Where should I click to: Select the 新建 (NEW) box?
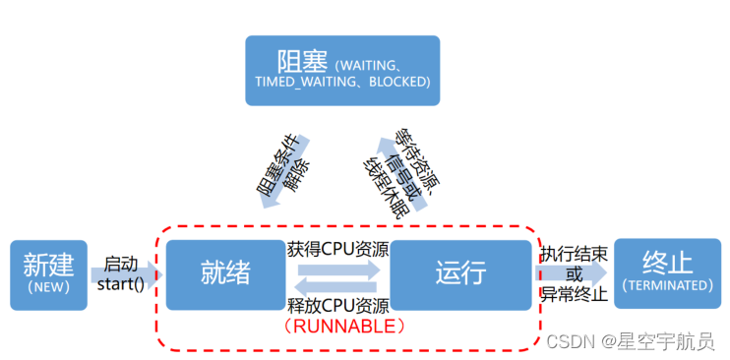tap(48, 273)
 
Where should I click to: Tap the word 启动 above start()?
tap(120, 264)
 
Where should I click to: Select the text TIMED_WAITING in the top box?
tap(296, 82)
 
